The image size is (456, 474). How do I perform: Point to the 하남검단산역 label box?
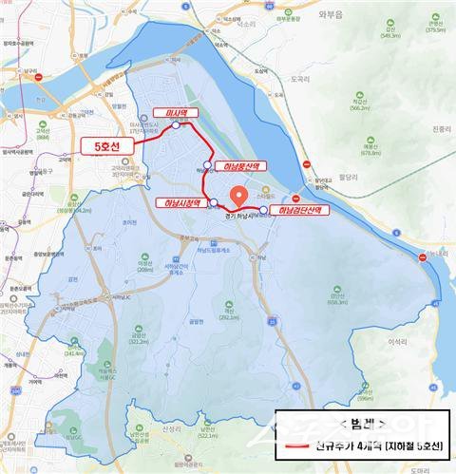(x=297, y=210)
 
